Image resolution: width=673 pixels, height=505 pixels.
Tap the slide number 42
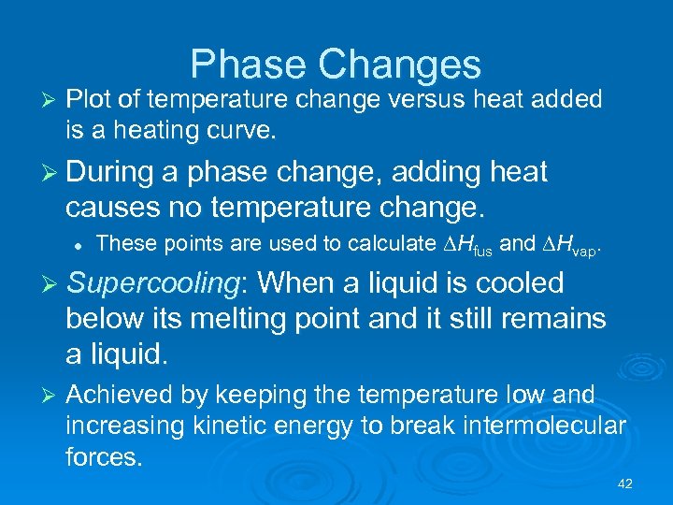click(x=625, y=483)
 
